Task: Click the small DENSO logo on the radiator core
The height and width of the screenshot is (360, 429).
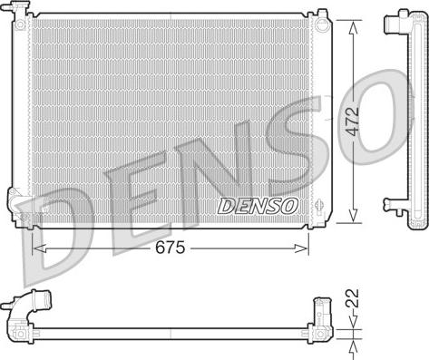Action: tap(258, 206)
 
